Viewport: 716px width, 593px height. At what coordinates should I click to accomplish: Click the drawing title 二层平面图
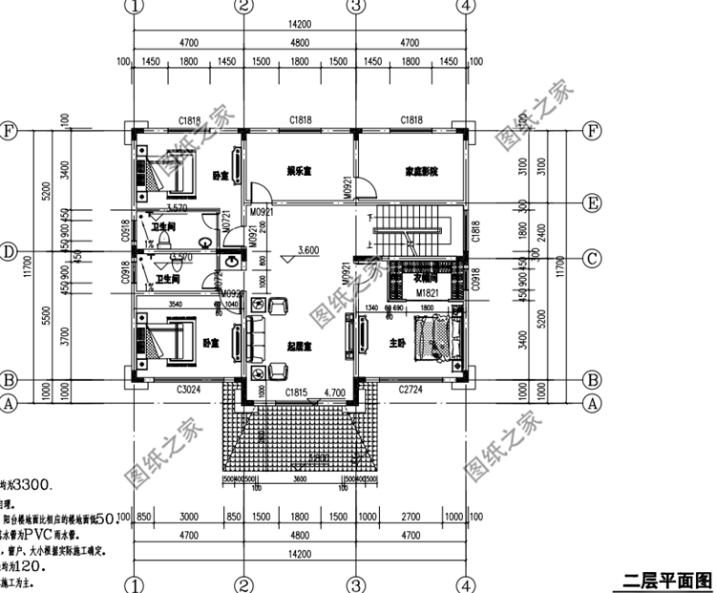tap(667, 579)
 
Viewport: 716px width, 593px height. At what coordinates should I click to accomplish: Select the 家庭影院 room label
tap(421, 172)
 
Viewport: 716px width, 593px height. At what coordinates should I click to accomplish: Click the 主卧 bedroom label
tap(398, 342)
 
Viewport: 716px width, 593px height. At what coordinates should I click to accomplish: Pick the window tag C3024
tap(189, 390)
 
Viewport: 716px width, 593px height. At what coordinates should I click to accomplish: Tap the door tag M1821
tap(426, 292)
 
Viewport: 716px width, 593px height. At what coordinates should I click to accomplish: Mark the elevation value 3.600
tap(307, 250)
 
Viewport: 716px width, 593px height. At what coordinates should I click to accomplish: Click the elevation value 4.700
tap(334, 392)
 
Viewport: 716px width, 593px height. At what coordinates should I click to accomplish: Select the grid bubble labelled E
tap(593, 201)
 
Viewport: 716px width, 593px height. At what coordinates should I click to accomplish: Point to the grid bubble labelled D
tap(9, 252)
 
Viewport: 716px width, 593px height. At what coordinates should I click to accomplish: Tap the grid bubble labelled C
tap(593, 257)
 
